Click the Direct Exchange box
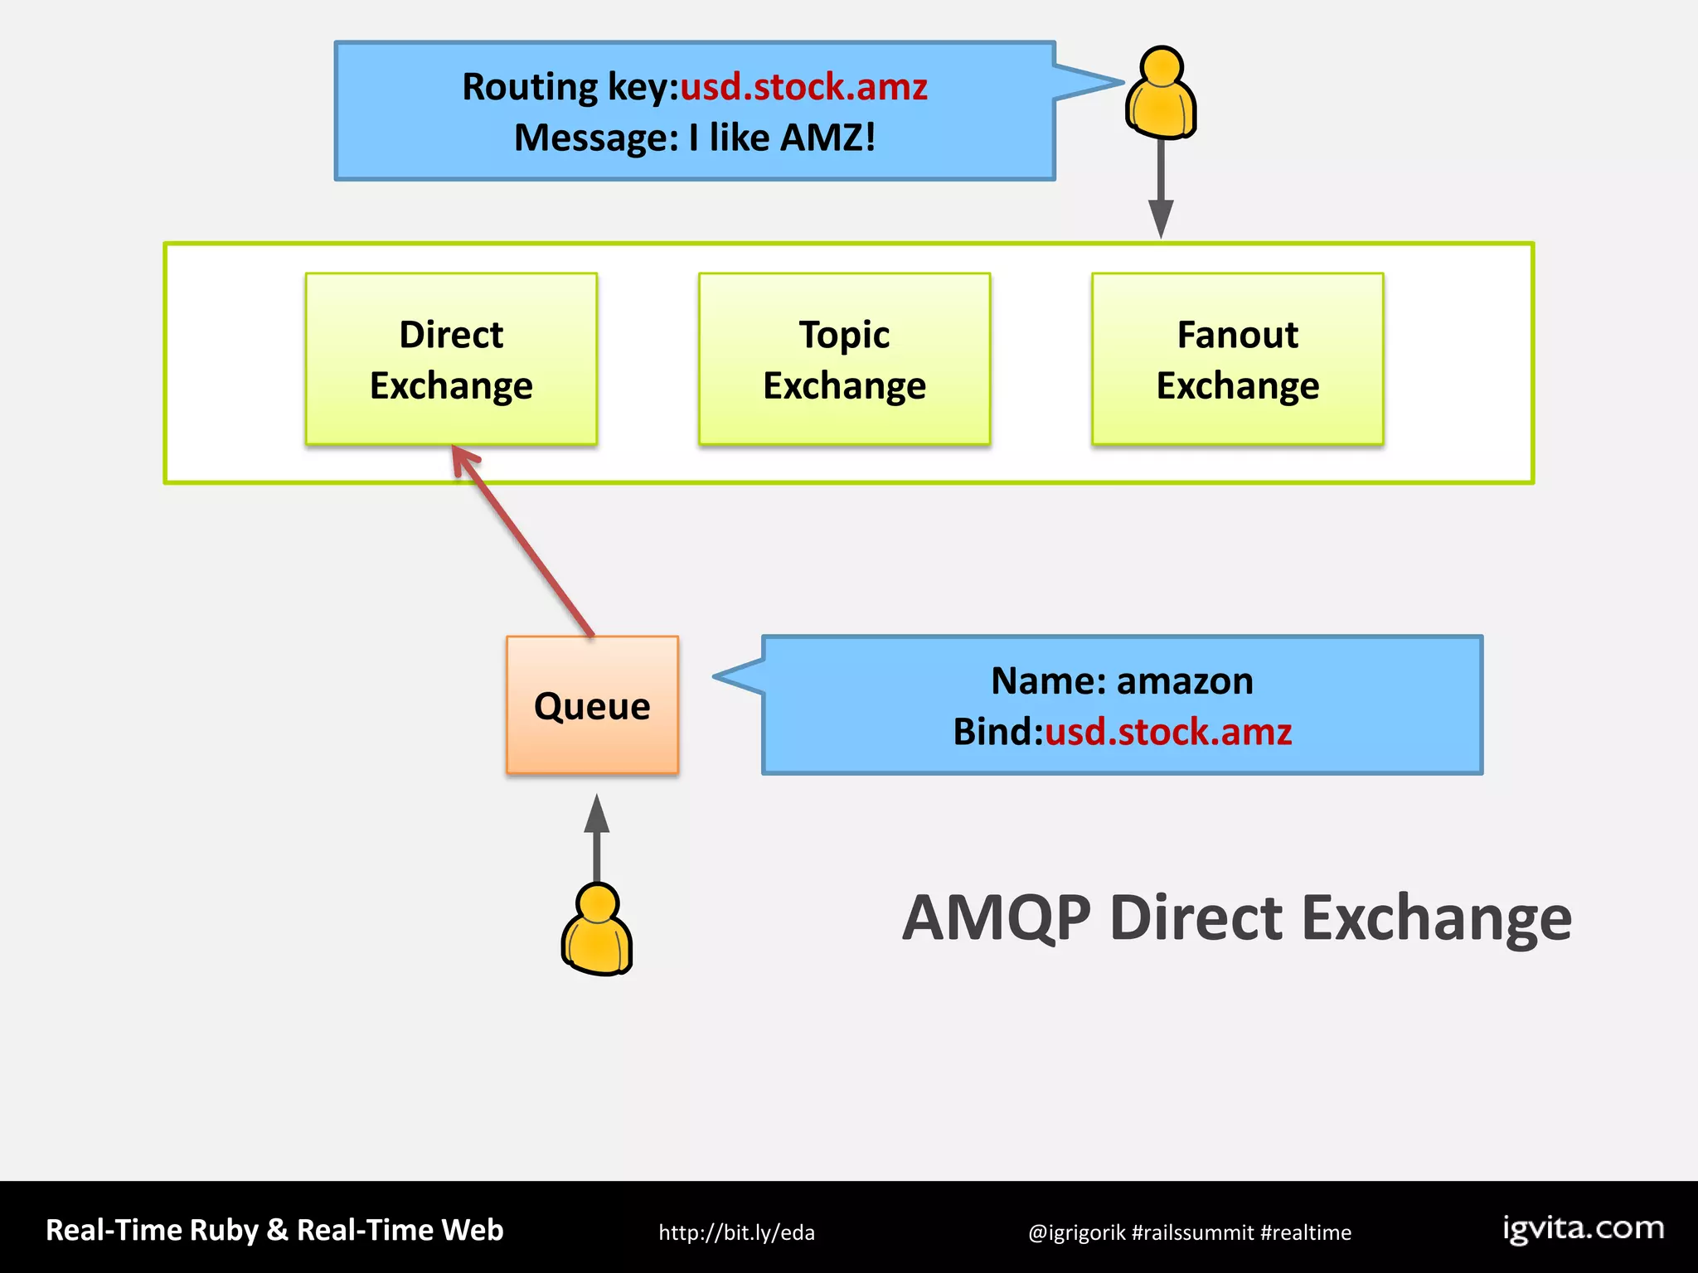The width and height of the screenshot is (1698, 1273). coord(451,359)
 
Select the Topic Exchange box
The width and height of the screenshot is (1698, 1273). coord(844,359)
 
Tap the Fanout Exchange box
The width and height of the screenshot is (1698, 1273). coord(1237,359)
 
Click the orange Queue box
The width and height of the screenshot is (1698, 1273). coord(592,705)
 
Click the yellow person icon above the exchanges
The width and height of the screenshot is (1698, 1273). coord(1161,93)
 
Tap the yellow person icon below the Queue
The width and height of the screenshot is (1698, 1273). coord(597,930)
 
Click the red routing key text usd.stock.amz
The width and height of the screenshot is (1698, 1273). coord(803,87)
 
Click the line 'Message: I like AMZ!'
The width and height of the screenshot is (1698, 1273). coord(695,138)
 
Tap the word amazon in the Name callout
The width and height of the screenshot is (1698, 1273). coord(1185,681)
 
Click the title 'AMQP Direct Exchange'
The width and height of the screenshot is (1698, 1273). coord(1236,918)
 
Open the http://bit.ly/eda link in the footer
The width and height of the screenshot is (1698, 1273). coord(736,1232)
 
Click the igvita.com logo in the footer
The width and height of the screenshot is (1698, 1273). coord(1583,1228)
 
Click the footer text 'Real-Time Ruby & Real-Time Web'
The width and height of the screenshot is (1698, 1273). coord(274,1230)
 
